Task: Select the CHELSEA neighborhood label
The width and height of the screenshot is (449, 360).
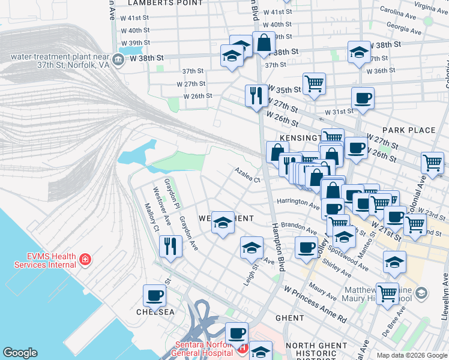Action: tap(155, 312)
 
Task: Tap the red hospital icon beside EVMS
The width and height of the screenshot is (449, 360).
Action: tap(86, 260)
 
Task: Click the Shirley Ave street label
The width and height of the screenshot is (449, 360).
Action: tap(337, 265)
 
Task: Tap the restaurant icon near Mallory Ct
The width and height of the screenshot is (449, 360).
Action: tap(170, 246)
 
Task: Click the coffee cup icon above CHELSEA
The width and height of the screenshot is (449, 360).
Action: tap(154, 295)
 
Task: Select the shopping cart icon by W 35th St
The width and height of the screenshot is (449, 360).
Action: tap(314, 83)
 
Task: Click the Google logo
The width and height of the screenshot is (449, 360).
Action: tap(20, 353)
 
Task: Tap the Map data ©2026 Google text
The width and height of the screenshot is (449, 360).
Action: tap(412, 355)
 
